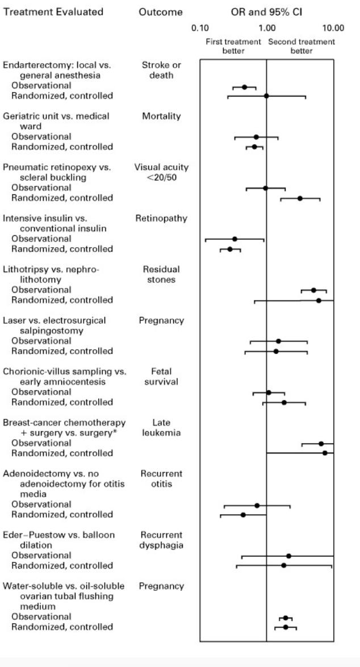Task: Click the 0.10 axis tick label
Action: [x=200, y=28]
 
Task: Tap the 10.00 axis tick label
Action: [x=333, y=28]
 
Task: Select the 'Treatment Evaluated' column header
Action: [x=53, y=12]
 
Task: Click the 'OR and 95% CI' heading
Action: [x=266, y=12]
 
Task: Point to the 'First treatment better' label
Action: [x=233, y=47]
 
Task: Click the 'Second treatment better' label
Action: [x=302, y=47]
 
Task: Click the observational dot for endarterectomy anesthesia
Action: [x=244, y=87]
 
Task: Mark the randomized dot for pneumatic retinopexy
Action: [x=300, y=198]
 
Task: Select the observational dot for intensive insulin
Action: [x=235, y=239]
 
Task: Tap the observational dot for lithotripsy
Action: [x=313, y=290]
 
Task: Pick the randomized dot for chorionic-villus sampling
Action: [x=284, y=402]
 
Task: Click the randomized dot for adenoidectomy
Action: [x=243, y=515]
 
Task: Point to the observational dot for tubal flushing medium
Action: [x=286, y=618]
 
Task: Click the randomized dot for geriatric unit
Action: [x=254, y=147]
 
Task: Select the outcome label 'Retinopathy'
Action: [x=161, y=219]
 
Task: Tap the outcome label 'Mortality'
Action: [x=161, y=116]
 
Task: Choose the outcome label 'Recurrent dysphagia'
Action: [x=161, y=540]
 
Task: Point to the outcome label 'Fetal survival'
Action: [x=161, y=377]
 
